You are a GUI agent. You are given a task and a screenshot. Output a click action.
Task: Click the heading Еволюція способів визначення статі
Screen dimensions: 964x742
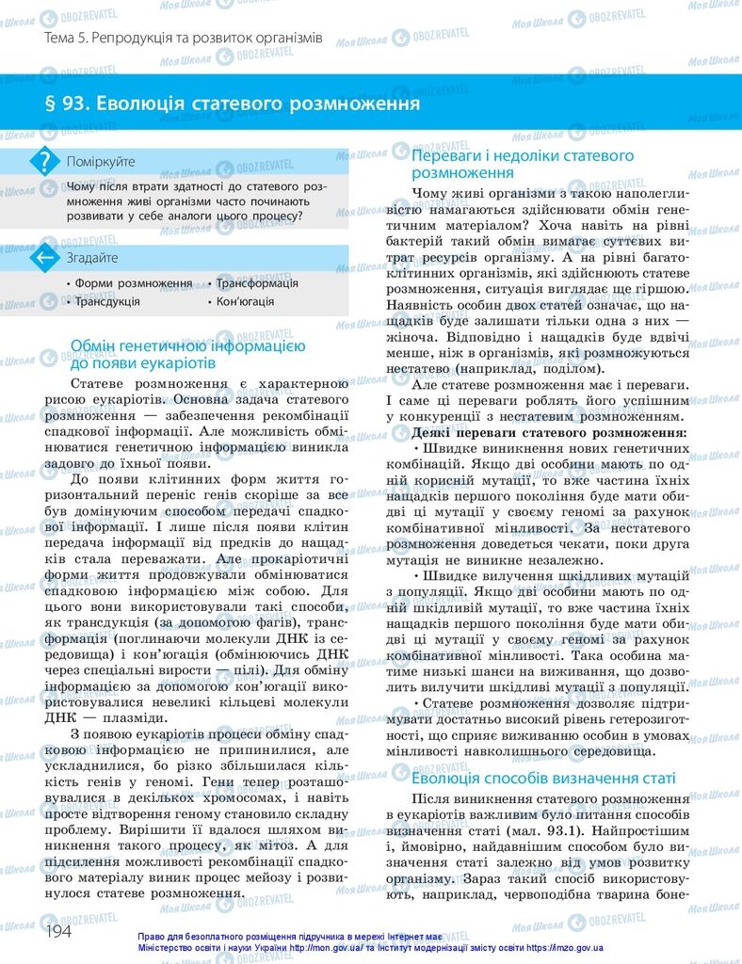coord(544,779)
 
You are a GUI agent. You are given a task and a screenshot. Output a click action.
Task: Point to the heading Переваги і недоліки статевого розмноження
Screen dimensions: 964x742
coord(524,164)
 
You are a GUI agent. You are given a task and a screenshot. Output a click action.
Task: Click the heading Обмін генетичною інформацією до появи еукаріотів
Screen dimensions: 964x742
coord(187,354)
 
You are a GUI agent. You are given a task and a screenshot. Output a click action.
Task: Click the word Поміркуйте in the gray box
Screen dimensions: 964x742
coord(101,162)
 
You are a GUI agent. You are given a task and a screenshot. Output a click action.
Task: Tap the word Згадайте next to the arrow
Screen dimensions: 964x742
coord(92,257)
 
